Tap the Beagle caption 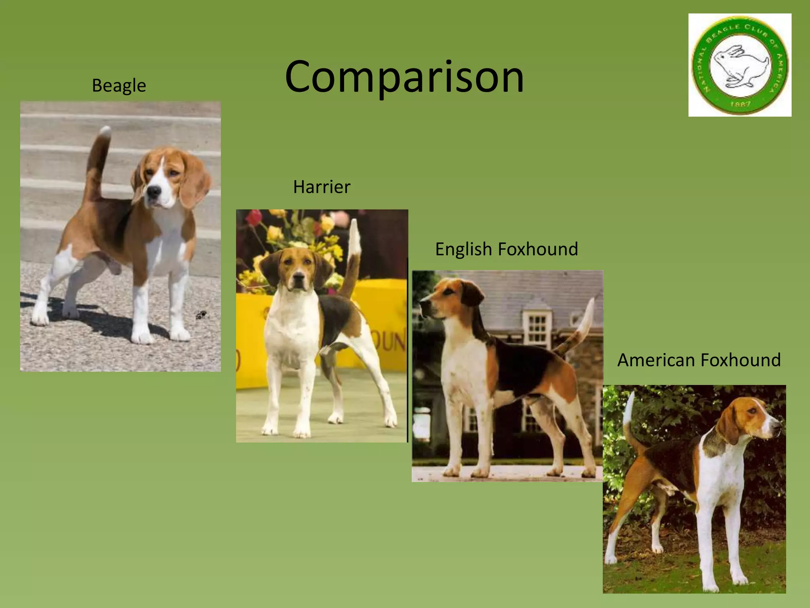tap(119, 85)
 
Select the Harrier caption tap(322, 187)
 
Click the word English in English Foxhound tap(463, 249)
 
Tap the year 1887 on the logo tap(740, 104)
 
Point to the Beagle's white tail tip tap(106, 131)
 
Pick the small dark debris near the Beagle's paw tap(202, 315)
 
